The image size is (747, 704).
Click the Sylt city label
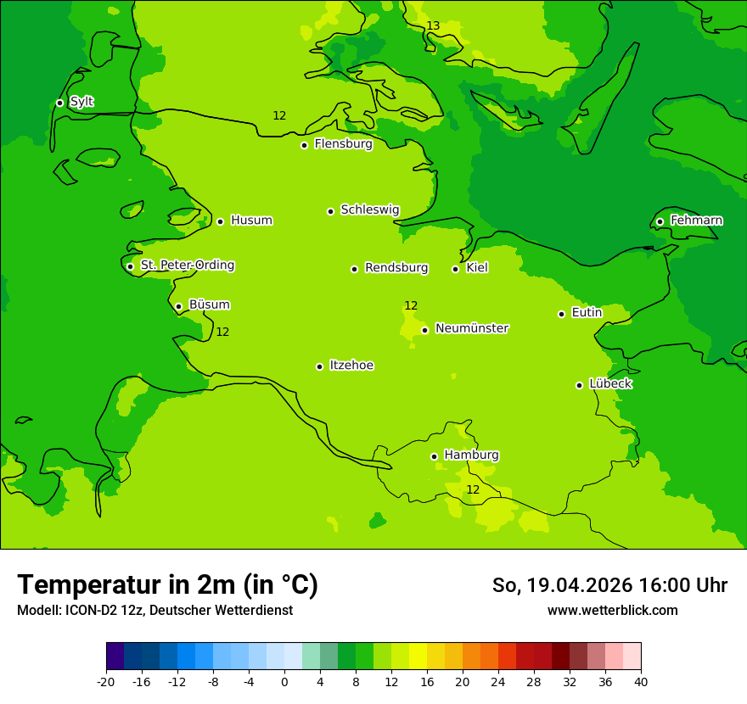coord(81,102)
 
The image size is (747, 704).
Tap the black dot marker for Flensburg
coord(304,145)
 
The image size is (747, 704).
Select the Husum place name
coord(251,221)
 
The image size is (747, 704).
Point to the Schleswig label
coord(369,210)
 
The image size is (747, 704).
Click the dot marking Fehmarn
coord(660,221)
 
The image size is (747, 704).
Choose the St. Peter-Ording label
coord(187,265)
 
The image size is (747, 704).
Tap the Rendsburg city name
coord(396,268)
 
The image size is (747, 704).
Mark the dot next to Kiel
coord(455,269)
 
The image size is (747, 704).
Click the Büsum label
coord(209,305)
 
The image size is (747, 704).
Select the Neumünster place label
coord(471,328)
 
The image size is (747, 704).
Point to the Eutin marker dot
coord(561,314)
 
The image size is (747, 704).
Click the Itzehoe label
coord(351,366)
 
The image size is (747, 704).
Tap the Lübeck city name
coord(609,383)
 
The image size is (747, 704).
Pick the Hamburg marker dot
coord(434,456)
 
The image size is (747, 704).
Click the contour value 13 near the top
coord(433,26)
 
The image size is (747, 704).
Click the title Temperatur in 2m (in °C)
coord(167,585)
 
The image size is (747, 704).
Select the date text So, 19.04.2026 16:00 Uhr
coord(609,585)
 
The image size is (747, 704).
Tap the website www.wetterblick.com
coord(612,611)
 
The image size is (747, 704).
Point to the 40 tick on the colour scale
coord(640,682)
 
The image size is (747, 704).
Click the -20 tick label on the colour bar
coord(106,682)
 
